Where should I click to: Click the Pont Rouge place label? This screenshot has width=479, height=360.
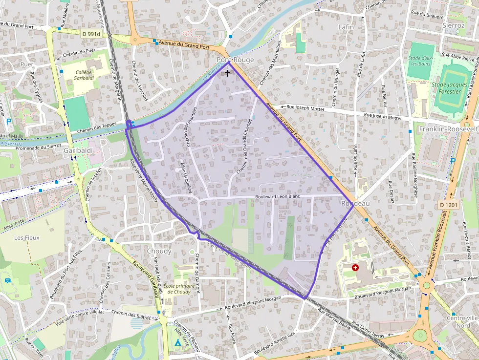(x=228, y=60)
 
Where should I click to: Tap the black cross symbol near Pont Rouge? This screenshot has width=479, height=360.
(x=227, y=73)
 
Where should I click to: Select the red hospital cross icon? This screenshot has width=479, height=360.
(x=355, y=268)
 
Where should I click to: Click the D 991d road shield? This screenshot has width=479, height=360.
(x=91, y=34)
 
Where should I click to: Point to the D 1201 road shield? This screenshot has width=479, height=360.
(x=448, y=205)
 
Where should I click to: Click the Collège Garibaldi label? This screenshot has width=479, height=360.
(x=84, y=75)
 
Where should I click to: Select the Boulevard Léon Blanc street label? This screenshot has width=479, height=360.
(x=277, y=197)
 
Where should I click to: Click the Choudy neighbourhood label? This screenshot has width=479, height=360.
(x=159, y=251)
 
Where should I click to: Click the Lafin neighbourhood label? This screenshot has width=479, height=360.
(x=346, y=27)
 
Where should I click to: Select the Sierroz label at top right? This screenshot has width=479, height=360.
(x=453, y=25)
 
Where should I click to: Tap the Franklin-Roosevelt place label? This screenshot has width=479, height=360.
(x=449, y=128)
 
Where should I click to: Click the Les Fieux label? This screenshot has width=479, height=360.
(x=26, y=238)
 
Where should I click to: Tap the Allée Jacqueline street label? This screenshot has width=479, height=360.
(x=186, y=178)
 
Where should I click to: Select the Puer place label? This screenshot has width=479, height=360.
(x=27, y=64)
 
